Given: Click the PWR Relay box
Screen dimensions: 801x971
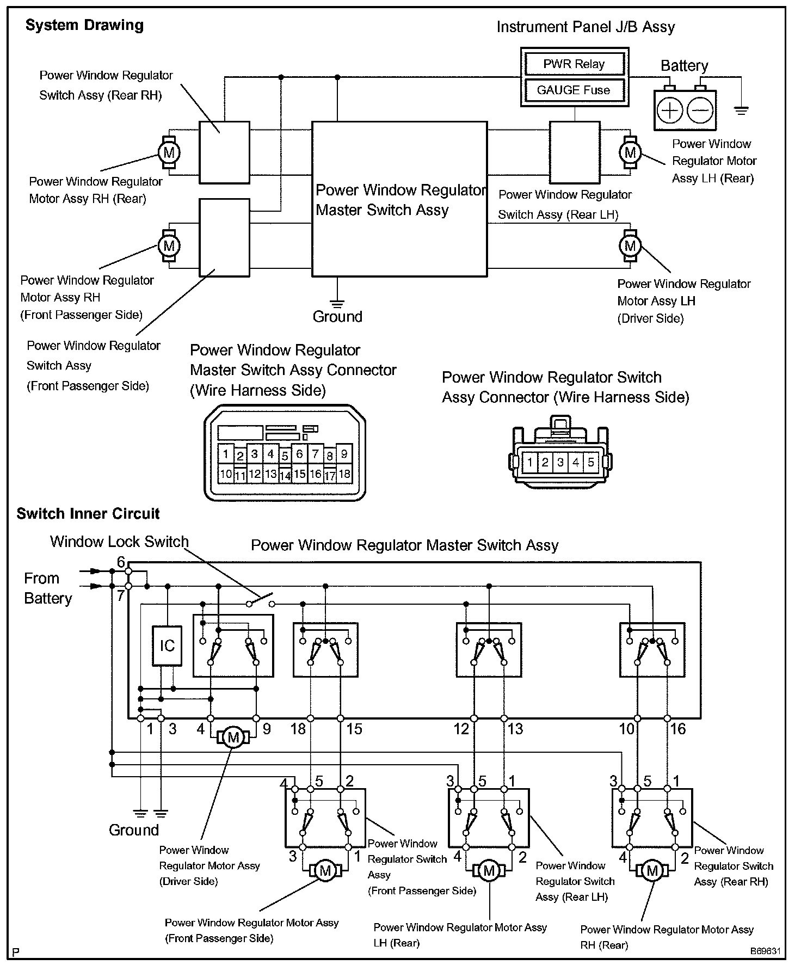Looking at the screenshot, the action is [574, 64].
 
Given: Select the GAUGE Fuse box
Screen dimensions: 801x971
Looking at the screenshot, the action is [574, 90].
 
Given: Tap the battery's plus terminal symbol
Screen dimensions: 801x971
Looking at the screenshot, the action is [670, 110].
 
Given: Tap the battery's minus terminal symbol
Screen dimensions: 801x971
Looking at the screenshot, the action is [699, 110].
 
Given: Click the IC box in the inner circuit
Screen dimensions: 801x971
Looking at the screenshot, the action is [167, 646].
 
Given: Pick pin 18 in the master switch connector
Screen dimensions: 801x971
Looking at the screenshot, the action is [344, 474].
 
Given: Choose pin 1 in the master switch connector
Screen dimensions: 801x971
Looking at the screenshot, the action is [226, 453].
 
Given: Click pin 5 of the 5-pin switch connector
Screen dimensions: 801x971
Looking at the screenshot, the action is [591, 463].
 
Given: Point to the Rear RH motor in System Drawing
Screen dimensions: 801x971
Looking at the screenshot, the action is [169, 152].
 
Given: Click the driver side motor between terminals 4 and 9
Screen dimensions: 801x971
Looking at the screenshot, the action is [233, 738].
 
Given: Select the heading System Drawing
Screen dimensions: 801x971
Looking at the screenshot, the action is [85, 25].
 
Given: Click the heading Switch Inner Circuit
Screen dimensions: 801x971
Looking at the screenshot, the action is [88, 513].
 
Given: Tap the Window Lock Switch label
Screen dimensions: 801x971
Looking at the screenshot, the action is [119, 542].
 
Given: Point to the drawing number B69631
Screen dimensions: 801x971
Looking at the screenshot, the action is [766, 951].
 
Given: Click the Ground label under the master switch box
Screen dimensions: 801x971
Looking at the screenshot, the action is [337, 317].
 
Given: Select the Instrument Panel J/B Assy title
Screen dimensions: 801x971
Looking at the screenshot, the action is [586, 27].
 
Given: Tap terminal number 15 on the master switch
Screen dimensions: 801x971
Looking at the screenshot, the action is [354, 729].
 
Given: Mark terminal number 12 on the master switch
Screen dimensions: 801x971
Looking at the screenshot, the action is [461, 729].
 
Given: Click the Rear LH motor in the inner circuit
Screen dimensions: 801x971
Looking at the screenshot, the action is [489, 871].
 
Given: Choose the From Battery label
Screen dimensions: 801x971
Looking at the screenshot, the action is [48, 588].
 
